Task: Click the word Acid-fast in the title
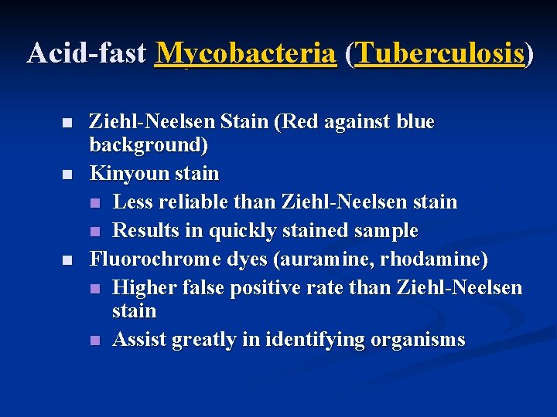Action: click(x=87, y=53)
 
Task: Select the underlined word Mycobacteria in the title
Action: click(x=246, y=53)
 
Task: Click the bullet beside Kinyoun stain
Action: click(x=68, y=174)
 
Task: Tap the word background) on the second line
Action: click(x=149, y=145)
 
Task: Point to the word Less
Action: click(x=132, y=202)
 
